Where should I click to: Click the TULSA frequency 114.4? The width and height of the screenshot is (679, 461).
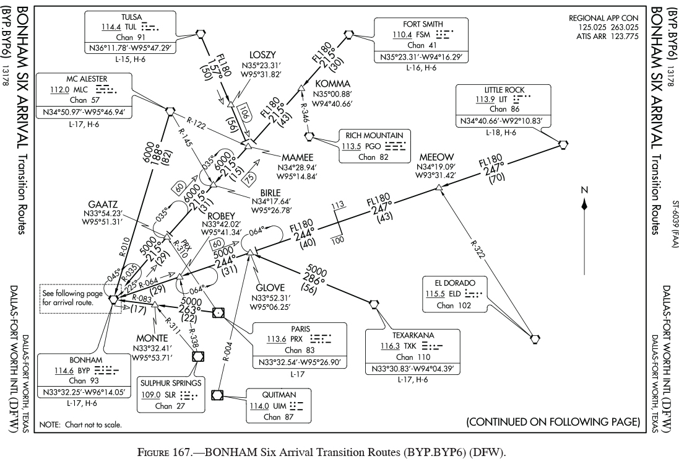[x=109, y=28]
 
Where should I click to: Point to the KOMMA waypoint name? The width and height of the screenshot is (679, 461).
[x=332, y=84]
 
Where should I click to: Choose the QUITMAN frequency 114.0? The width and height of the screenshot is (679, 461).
[x=260, y=406]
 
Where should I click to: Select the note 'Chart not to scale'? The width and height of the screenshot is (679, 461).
[x=81, y=425]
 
